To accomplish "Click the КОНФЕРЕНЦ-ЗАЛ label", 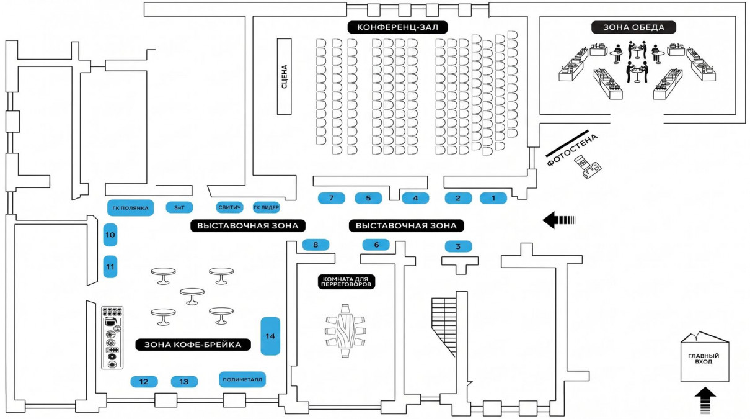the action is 397,27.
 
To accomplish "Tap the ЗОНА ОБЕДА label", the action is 633,27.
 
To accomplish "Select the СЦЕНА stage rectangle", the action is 285,76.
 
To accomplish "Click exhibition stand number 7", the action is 332,198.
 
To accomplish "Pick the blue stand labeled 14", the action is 270,336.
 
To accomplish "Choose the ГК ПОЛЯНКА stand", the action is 130,208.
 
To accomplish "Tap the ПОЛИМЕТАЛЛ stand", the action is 242,379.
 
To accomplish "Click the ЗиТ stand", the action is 180,207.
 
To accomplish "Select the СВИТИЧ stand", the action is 229,207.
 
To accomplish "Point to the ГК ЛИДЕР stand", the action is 266,207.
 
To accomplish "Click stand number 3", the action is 459,246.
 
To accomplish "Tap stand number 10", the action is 110,235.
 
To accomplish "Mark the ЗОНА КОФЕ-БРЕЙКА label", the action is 193,345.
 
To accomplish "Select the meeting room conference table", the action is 345,331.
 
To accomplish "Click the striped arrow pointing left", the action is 559,220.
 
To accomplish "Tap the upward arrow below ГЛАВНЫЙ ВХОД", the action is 705,400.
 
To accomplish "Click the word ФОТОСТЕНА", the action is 572,150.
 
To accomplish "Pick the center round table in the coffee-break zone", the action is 192,296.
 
